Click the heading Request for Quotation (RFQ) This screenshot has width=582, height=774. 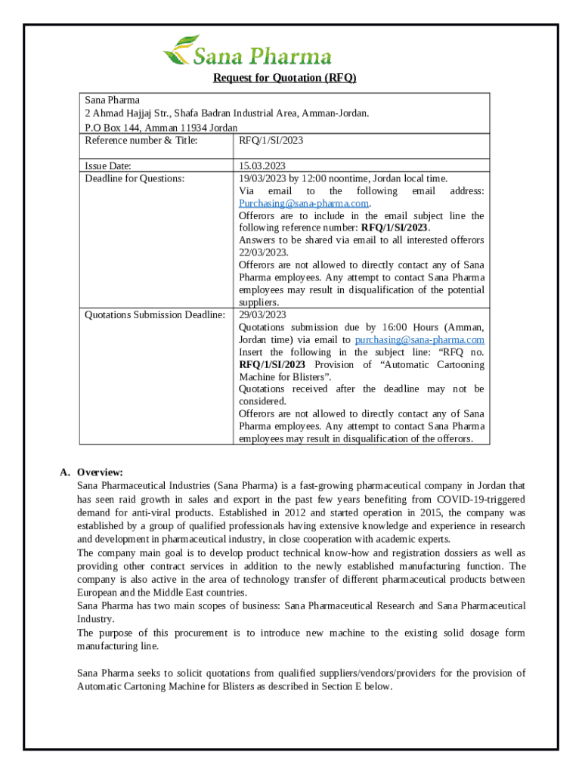pos(284,79)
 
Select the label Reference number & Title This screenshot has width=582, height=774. pos(141,141)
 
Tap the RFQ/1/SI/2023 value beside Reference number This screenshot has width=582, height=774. pos(271,141)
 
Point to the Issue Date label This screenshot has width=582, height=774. pos(108,166)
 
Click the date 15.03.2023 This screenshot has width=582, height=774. pos(262,166)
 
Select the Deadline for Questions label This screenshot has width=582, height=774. pos(134,178)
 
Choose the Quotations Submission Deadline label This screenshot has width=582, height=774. pos(154,314)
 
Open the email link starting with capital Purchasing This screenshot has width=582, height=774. pos(304,203)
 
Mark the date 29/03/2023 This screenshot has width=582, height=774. pos(262,314)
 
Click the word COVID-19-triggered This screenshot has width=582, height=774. pos(481,500)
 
